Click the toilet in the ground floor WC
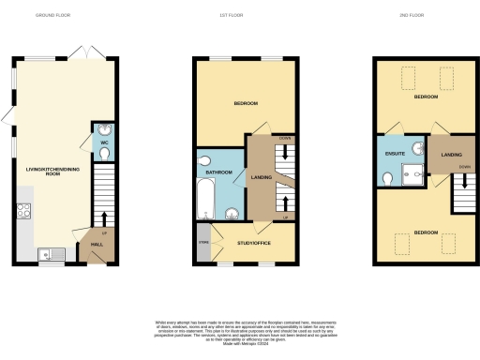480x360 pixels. [103, 152]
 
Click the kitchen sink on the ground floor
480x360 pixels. [51, 253]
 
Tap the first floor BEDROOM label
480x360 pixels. [246, 104]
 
